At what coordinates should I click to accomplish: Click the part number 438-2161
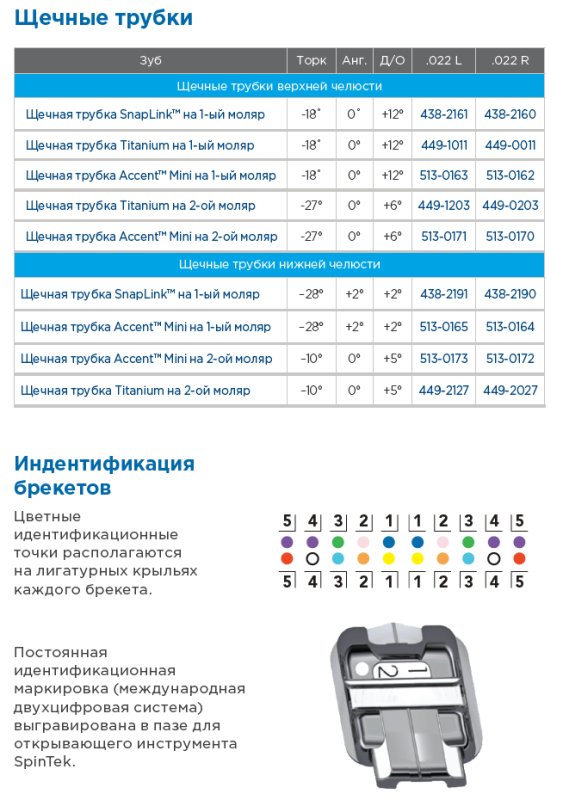pyautogui.click(x=444, y=114)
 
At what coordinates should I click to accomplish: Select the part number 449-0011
pyautogui.click(x=510, y=145)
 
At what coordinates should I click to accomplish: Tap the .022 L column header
pyautogui.click(x=444, y=60)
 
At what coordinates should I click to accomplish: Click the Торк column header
pyautogui.click(x=311, y=60)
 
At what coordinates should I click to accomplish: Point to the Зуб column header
pyautogui.click(x=150, y=60)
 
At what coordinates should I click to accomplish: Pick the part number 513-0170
pyautogui.click(x=510, y=237)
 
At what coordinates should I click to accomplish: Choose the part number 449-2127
pyautogui.click(x=444, y=390)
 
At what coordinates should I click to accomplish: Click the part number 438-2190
pyautogui.click(x=510, y=295)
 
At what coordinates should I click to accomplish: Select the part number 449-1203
pyautogui.click(x=444, y=206)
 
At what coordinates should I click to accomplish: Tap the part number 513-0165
pyautogui.click(x=444, y=327)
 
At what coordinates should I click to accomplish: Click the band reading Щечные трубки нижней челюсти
pyautogui.click(x=279, y=265)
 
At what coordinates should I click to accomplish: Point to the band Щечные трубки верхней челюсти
pyautogui.click(x=279, y=86)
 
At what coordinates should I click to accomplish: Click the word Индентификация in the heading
pyautogui.click(x=104, y=464)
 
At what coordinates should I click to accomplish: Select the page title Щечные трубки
pyautogui.click(x=104, y=18)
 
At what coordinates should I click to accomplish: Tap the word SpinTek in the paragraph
pyautogui.click(x=45, y=761)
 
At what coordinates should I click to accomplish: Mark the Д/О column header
pyautogui.click(x=393, y=60)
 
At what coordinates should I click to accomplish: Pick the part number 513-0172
pyautogui.click(x=510, y=358)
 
